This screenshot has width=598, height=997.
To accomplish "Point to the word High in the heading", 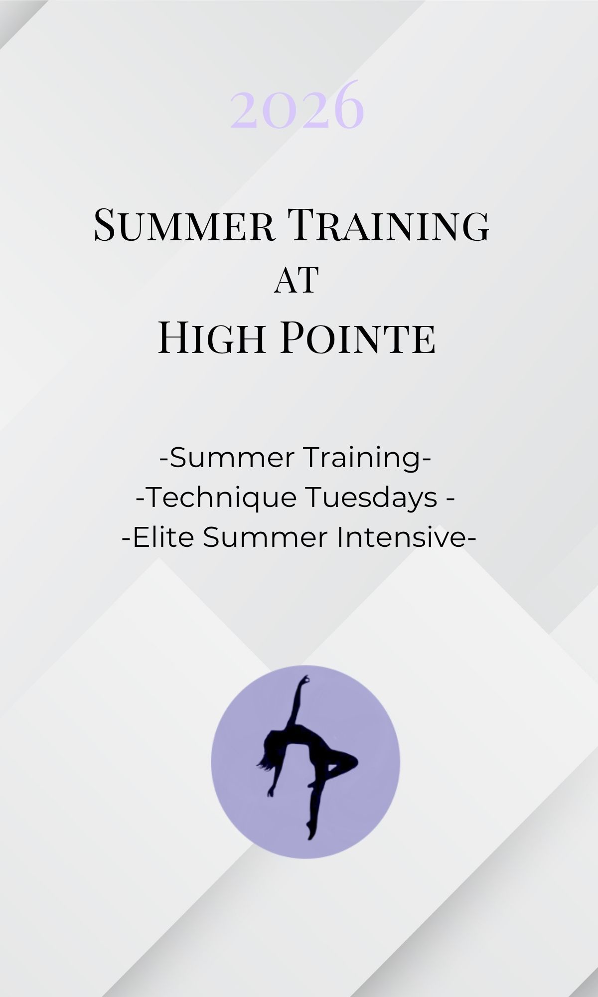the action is click(211, 338).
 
